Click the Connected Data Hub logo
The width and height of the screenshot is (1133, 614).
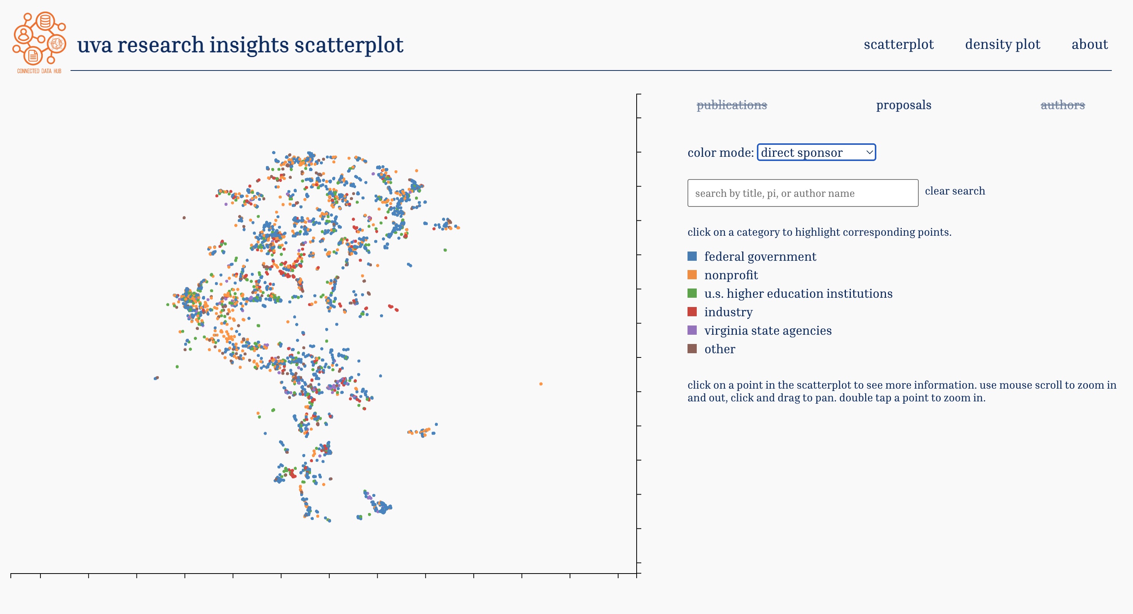point(39,42)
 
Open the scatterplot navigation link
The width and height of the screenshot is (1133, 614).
point(899,44)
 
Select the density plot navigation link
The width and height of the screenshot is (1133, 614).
point(1002,44)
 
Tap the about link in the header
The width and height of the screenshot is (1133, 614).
point(1089,44)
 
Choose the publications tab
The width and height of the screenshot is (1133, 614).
point(731,105)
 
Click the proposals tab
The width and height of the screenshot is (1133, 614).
point(903,105)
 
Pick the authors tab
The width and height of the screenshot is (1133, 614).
point(1062,105)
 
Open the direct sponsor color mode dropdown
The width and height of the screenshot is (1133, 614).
point(816,153)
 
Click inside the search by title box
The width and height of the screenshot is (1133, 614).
point(803,193)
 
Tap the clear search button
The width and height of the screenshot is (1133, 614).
point(955,191)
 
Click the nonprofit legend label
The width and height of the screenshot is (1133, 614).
point(731,275)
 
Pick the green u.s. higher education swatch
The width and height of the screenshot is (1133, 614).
point(692,293)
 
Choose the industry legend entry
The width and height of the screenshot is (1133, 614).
point(728,312)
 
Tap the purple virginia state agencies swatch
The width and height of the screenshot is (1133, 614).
point(692,330)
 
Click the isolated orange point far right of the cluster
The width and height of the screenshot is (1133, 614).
point(541,384)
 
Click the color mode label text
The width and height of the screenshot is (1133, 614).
point(720,153)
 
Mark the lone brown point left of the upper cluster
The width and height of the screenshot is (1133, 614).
point(184,218)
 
